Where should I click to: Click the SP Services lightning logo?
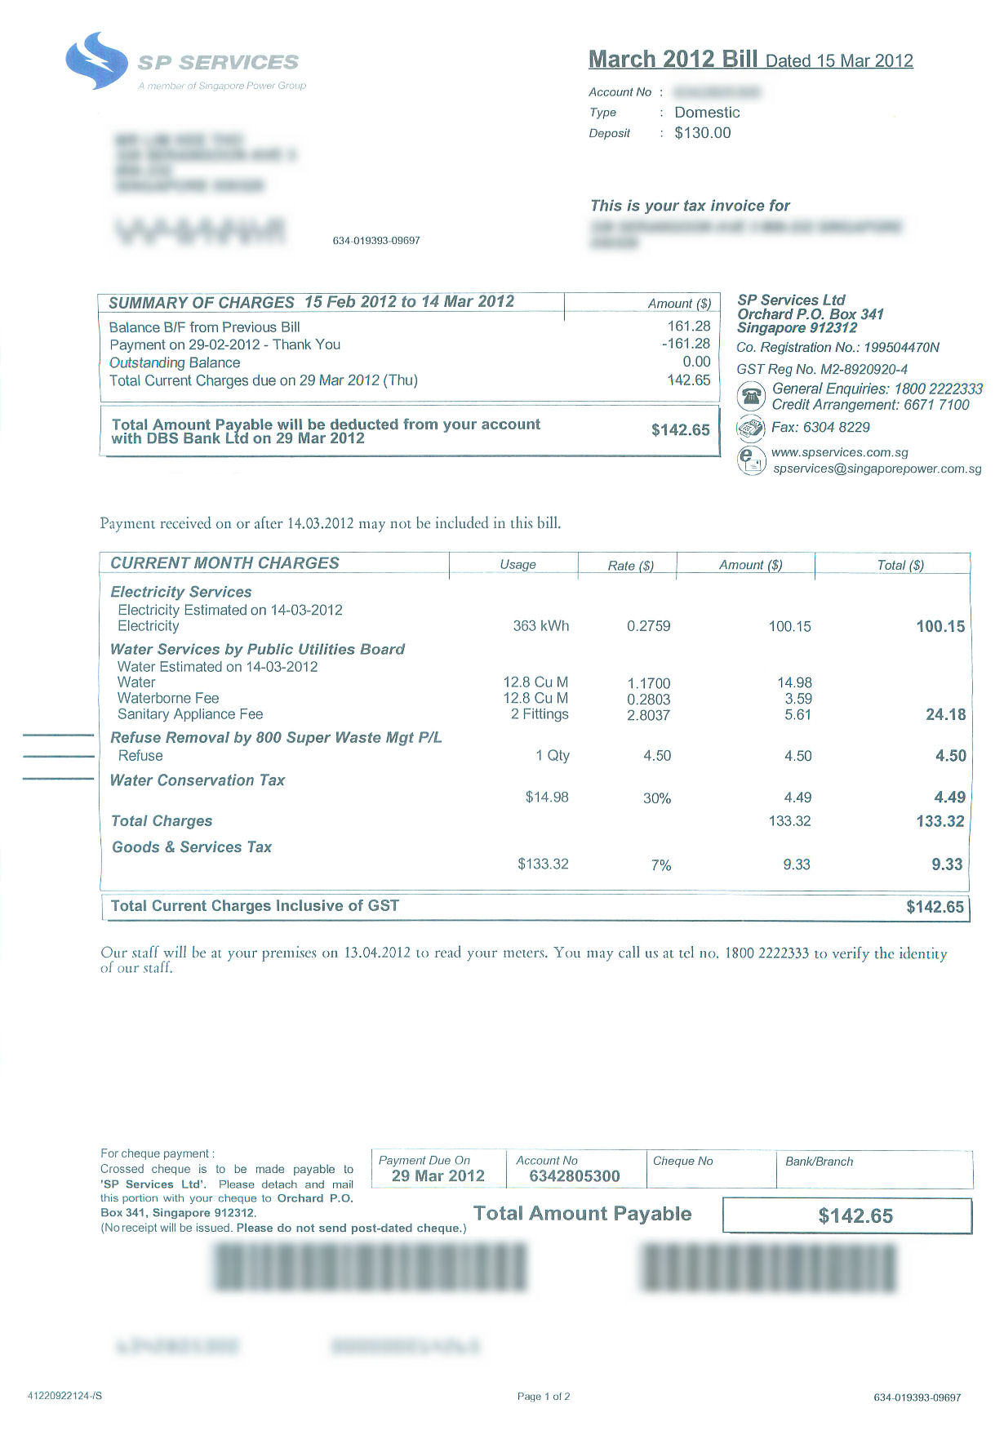coord(96,60)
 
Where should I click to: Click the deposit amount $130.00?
coord(702,133)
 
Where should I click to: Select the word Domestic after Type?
coord(706,113)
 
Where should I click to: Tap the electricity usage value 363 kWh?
coord(540,626)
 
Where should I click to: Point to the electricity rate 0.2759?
coord(648,626)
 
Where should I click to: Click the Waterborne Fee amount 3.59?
coord(797,699)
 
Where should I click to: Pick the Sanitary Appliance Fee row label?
coord(190,714)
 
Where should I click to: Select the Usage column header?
coord(518,565)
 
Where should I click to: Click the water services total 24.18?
coord(945,714)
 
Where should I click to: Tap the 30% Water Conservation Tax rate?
coord(656,798)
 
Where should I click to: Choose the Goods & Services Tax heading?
coord(192,847)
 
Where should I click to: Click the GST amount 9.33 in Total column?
coord(947,864)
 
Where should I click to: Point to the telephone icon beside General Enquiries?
coord(751,397)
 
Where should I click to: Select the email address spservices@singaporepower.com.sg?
coord(877,469)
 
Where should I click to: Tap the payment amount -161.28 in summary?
coord(686,344)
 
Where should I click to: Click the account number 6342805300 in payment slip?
coord(574,1176)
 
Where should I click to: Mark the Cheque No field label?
coord(682,1161)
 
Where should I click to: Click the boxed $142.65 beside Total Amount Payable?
coord(855,1216)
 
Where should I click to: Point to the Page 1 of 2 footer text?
coord(544,1397)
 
